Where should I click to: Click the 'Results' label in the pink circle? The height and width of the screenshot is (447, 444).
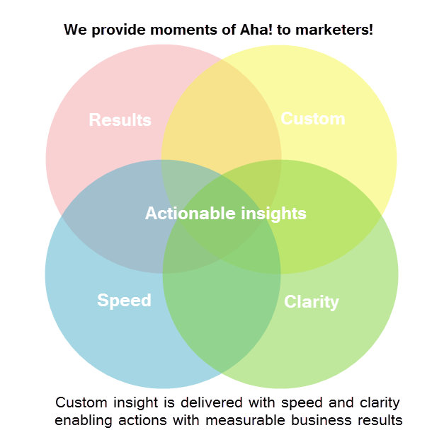[120, 120]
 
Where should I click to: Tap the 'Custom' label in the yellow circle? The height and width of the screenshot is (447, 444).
[313, 119]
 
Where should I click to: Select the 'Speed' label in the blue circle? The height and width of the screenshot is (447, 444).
[124, 301]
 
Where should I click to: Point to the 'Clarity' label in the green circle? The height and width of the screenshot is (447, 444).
[312, 303]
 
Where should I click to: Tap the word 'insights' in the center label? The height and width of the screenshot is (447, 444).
[273, 214]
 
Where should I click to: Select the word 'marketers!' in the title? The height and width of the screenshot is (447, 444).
[334, 30]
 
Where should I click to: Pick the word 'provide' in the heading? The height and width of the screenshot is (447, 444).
[118, 30]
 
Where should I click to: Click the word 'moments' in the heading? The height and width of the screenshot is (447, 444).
[183, 30]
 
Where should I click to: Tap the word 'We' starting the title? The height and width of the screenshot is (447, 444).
[75, 30]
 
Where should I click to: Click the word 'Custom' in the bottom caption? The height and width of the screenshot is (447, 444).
[81, 403]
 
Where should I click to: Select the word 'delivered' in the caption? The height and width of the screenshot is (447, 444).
[212, 403]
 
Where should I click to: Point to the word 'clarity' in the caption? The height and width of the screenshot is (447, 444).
[380, 404]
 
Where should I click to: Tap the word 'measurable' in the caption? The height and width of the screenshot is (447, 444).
[246, 421]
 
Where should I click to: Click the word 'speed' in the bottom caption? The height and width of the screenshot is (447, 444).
[302, 404]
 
